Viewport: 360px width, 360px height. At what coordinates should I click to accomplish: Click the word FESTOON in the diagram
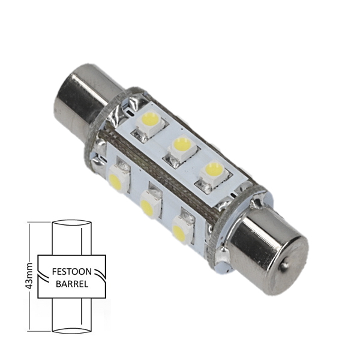72,272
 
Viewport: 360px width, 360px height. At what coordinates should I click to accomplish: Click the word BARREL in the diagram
72,284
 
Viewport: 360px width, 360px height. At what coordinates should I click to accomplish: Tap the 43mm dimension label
30,277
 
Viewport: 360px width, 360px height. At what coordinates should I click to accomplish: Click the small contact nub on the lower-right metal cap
284,266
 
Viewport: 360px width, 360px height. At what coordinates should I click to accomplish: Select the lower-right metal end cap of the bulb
269,251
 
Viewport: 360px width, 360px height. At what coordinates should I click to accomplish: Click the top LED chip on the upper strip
151,122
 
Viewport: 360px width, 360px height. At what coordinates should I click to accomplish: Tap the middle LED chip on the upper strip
182,146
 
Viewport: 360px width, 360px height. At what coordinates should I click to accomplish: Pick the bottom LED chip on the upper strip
214,172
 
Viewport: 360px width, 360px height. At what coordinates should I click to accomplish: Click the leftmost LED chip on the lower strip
117,178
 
